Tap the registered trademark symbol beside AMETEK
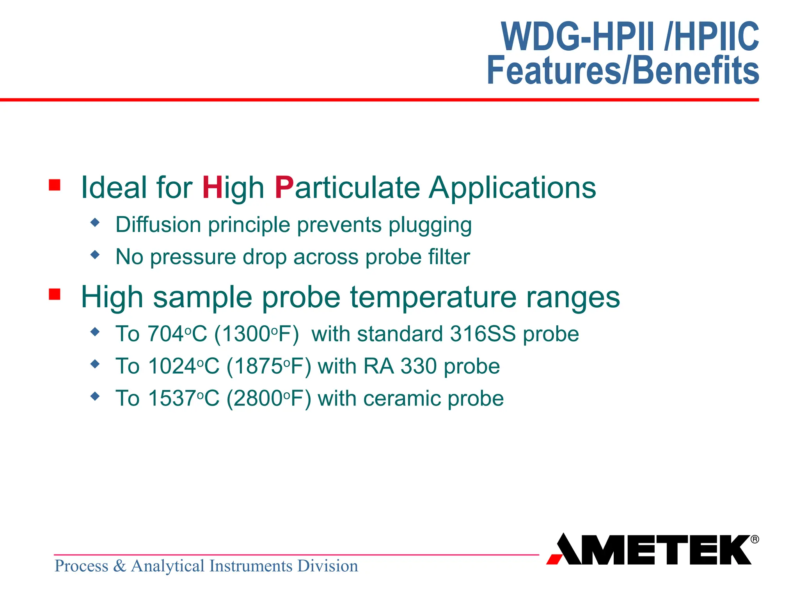click(x=755, y=539)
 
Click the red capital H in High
click(x=212, y=188)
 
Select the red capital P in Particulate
click(x=284, y=188)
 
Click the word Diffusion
click(x=158, y=225)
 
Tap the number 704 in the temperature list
click(x=166, y=334)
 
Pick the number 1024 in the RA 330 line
click(x=172, y=367)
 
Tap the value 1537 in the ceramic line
click(x=172, y=399)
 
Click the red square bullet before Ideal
click(x=55, y=185)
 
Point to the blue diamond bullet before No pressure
click(x=95, y=255)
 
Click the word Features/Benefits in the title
click(x=623, y=70)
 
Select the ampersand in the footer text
click(x=119, y=566)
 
